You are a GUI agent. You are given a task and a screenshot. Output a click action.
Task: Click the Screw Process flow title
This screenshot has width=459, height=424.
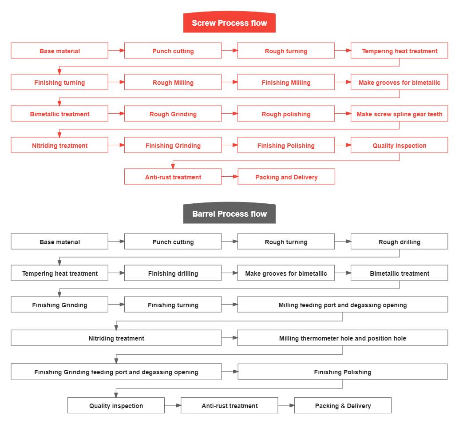point(229,23)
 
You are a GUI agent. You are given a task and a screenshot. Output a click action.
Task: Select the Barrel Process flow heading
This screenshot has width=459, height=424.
point(229,214)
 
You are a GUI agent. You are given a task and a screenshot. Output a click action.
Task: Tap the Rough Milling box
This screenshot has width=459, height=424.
point(173,83)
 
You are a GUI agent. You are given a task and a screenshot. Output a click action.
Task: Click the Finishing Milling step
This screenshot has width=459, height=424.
point(286,83)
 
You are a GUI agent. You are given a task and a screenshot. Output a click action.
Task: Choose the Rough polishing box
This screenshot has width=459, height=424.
point(286,114)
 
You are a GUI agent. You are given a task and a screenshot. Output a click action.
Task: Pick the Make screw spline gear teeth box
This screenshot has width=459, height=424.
point(399,114)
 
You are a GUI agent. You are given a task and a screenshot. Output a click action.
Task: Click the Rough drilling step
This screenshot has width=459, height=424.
point(399,242)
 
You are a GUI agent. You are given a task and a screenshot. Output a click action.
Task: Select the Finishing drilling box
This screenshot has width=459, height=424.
point(173,273)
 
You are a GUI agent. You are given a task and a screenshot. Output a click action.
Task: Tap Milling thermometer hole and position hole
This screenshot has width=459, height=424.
point(342,338)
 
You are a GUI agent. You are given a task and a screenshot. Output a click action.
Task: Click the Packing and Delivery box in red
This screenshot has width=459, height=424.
point(286,177)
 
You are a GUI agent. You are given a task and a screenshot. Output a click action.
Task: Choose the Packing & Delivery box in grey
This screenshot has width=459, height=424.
point(343,406)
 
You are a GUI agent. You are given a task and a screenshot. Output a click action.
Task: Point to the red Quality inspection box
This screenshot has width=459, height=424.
point(399,146)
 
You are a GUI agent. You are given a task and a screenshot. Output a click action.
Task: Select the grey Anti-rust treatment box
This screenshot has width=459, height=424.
point(229,406)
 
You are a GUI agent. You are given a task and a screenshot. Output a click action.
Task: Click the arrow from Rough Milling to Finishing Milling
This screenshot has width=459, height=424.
point(229,82)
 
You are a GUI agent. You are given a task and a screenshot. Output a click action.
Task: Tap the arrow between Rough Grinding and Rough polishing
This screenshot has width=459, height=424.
point(229,114)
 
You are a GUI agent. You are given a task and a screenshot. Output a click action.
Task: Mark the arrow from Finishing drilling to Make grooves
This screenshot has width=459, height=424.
point(229,273)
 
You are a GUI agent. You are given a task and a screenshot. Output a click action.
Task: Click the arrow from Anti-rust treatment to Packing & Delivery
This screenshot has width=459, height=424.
point(286,405)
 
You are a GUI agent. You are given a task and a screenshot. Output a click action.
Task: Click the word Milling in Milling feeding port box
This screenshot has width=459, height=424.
point(288,305)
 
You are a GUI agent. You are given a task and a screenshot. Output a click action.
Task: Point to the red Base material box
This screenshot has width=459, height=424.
point(59,51)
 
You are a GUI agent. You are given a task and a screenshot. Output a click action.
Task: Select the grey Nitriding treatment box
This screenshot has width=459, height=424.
point(116,338)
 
